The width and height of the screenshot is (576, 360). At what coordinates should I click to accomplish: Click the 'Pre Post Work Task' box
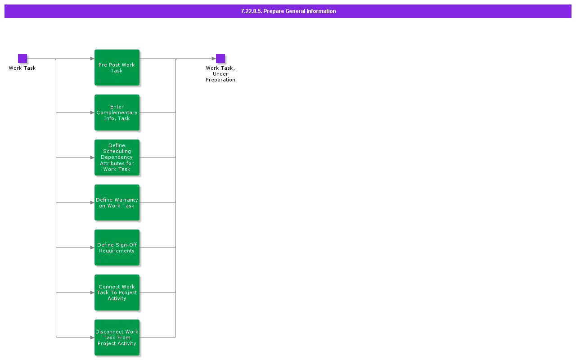(x=117, y=67)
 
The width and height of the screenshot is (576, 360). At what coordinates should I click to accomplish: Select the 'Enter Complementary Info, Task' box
(x=117, y=112)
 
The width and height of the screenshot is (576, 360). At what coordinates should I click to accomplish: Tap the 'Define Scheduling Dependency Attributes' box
(x=117, y=157)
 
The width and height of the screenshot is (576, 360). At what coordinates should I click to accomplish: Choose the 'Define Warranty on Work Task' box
(x=117, y=202)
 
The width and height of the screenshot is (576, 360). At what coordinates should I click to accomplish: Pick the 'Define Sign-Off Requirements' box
(x=117, y=247)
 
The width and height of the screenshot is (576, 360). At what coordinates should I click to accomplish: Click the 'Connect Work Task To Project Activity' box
(x=117, y=292)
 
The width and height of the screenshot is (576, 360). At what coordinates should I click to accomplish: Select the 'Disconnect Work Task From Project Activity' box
(x=117, y=337)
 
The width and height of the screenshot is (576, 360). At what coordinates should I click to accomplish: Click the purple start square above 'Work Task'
(x=22, y=58)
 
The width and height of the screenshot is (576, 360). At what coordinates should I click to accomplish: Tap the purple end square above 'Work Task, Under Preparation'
(x=220, y=58)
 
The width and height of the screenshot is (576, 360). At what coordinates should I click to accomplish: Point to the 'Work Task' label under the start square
(x=22, y=68)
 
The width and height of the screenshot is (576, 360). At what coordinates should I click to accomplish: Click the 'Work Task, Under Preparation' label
(x=220, y=74)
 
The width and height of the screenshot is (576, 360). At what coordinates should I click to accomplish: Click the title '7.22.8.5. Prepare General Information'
(x=288, y=11)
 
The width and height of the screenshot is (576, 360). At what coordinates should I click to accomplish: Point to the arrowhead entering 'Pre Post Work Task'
(x=92, y=58)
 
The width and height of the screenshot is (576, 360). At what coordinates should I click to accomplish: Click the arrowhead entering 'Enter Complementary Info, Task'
(x=92, y=112)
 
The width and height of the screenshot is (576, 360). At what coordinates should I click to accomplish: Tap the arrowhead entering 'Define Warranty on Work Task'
(x=92, y=202)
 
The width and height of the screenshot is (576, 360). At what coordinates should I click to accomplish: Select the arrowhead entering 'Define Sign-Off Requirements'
(x=92, y=247)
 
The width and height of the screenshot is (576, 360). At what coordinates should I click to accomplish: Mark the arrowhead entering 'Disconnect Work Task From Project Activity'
(x=92, y=337)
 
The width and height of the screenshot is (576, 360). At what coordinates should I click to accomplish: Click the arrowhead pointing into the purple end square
(x=214, y=58)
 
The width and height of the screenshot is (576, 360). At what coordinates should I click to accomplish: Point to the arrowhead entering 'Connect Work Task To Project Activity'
(x=92, y=292)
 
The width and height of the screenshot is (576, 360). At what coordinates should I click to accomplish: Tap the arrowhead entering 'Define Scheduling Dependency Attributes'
(x=92, y=157)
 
